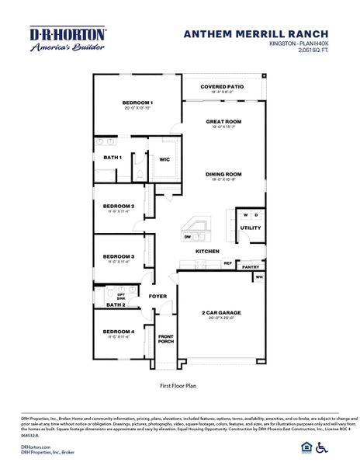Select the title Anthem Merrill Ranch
(256, 34)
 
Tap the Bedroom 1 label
(137, 103)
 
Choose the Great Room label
(224, 122)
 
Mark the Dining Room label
(224, 174)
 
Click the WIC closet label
(164, 159)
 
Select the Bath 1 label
(112, 158)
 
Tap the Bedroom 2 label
(119, 206)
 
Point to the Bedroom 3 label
(119, 256)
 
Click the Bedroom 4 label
(119, 332)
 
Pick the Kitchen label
(207, 252)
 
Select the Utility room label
(250, 228)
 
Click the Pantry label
(250, 266)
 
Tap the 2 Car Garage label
(221, 311)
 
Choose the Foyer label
(157, 296)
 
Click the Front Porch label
(166, 339)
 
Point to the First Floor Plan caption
(179, 384)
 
